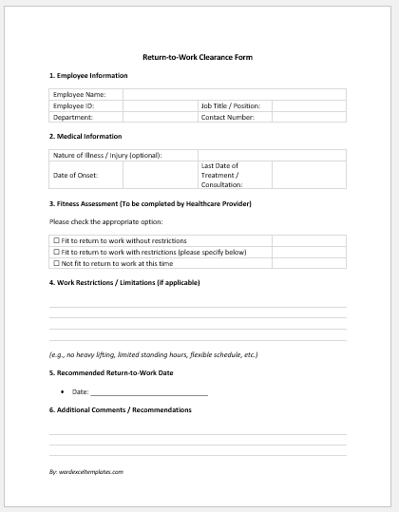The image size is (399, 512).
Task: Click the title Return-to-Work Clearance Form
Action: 198,57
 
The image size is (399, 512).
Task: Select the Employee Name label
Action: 80,94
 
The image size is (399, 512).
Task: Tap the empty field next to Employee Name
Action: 234,94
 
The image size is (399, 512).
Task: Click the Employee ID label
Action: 74,105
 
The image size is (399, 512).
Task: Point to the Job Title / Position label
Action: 230,105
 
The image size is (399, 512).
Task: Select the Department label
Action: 74,117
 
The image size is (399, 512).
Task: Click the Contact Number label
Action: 227,117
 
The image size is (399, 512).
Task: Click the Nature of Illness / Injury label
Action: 107,155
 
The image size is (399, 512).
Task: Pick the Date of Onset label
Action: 75,175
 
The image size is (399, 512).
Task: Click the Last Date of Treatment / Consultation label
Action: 219,175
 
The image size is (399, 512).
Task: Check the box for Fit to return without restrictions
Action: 56,241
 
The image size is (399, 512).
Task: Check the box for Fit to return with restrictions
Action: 56,252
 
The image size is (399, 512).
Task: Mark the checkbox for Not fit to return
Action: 56,263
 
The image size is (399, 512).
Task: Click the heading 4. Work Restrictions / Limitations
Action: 123,282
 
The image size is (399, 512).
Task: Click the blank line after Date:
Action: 149,391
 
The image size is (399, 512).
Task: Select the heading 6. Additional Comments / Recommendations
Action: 120,409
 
